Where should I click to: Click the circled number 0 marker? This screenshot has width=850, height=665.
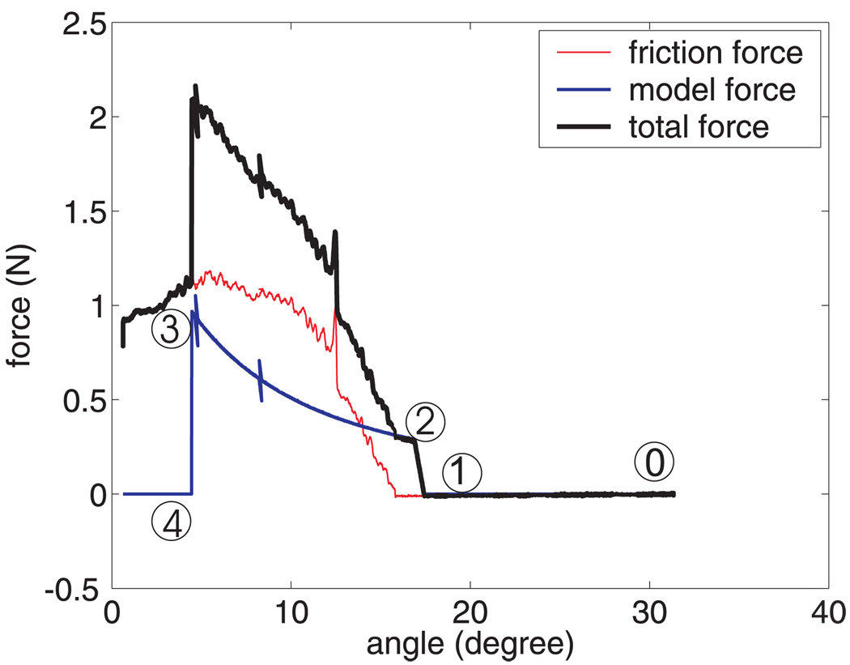[x=654, y=463]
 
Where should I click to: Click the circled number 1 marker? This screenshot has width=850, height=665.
[x=461, y=471]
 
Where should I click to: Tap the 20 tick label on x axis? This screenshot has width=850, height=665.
[x=470, y=613]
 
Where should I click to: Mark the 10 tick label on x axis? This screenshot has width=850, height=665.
[x=290, y=613]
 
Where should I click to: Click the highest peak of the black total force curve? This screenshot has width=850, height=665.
[x=195, y=85]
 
